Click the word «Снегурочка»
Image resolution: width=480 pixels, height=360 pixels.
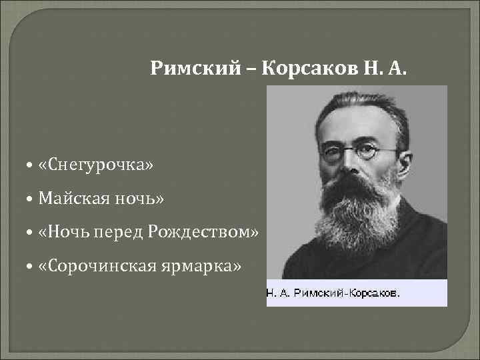tap(96, 163)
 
